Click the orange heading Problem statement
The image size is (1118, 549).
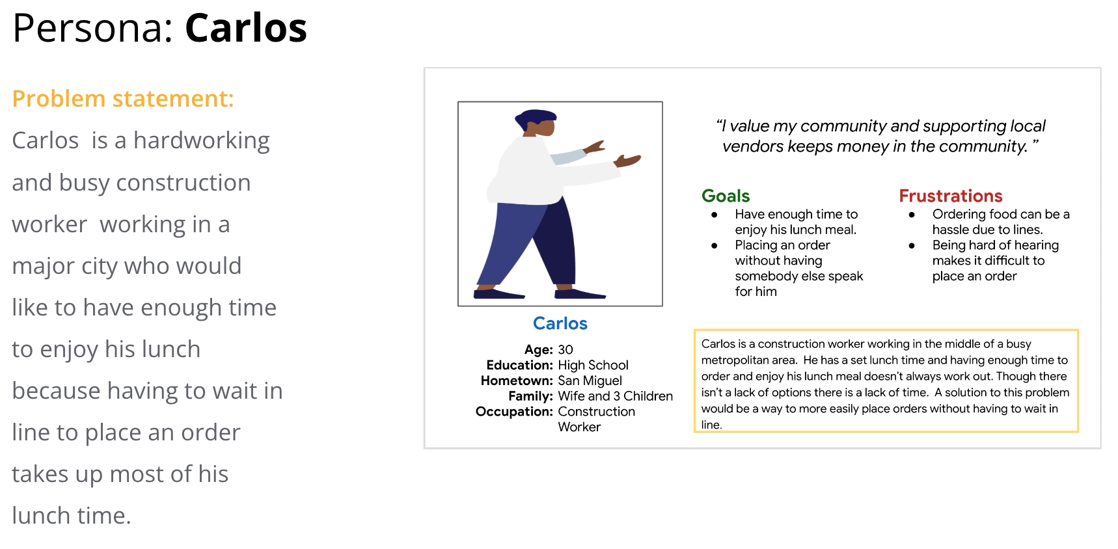123,99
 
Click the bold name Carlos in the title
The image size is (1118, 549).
246,28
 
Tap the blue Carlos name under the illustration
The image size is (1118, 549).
560,323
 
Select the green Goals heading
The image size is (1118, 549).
726,196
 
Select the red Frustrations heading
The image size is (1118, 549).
951,196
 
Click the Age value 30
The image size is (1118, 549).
566,349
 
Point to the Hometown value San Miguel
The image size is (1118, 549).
590,381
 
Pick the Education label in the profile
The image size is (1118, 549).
519,365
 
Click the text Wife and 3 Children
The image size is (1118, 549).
616,396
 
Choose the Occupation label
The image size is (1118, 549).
514,412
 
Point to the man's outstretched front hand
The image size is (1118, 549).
628,160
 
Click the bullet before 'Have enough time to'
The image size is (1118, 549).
715,215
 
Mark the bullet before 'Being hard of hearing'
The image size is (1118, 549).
912,246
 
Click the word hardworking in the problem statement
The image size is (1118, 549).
202,141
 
